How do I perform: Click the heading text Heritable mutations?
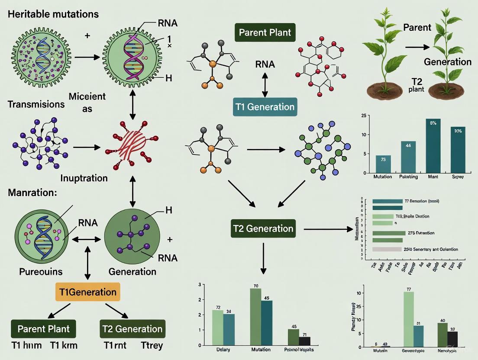[x=53, y=14]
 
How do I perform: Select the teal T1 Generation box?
[x=265, y=107]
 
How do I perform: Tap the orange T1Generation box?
[x=88, y=292]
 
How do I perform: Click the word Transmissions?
[x=36, y=104]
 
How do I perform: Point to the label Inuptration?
[x=84, y=178]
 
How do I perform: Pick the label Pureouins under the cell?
[x=41, y=272]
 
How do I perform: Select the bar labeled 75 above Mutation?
[x=383, y=164]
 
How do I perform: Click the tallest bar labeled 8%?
[x=433, y=145]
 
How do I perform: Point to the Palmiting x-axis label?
[x=408, y=177]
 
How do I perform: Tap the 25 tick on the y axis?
[x=363, y=116]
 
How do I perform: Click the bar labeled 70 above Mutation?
[x=255, y=316]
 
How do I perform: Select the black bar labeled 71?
[x=304, y=341]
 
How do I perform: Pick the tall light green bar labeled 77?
[x=408, y=319]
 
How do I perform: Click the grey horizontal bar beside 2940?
[x=387, y=249]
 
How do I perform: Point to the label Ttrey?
[x=152, y=346]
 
